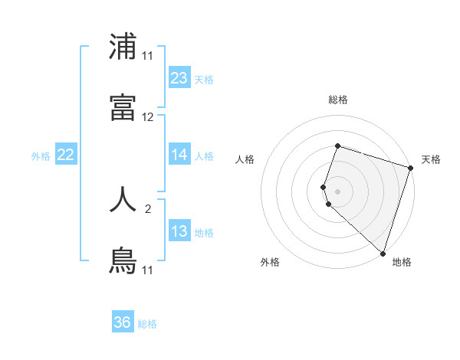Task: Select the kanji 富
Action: (x=123, y=108)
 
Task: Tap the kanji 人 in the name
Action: (x=123, y=198)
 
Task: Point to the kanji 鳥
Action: (x=123, y=260)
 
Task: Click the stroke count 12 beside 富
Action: (x=148, y=117)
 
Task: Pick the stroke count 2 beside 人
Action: (x=148, y=208)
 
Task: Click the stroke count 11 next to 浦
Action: (x=148, y=56)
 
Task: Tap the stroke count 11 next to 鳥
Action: (x=148, y=270)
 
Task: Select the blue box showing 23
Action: (x=179, y=78)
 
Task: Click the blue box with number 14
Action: (x=179, y=155)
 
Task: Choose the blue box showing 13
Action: (x=179, y=231)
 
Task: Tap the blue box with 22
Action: (x=66, y=155)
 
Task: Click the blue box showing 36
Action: (x=123, y=322)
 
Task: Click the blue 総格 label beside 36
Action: (x=147, y=324)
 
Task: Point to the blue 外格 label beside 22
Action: (x=41, y=156)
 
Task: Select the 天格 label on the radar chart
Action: (x=431, y=159)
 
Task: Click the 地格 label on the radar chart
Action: (x=402, y=262)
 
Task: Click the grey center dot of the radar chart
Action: (x=337, y=190)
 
